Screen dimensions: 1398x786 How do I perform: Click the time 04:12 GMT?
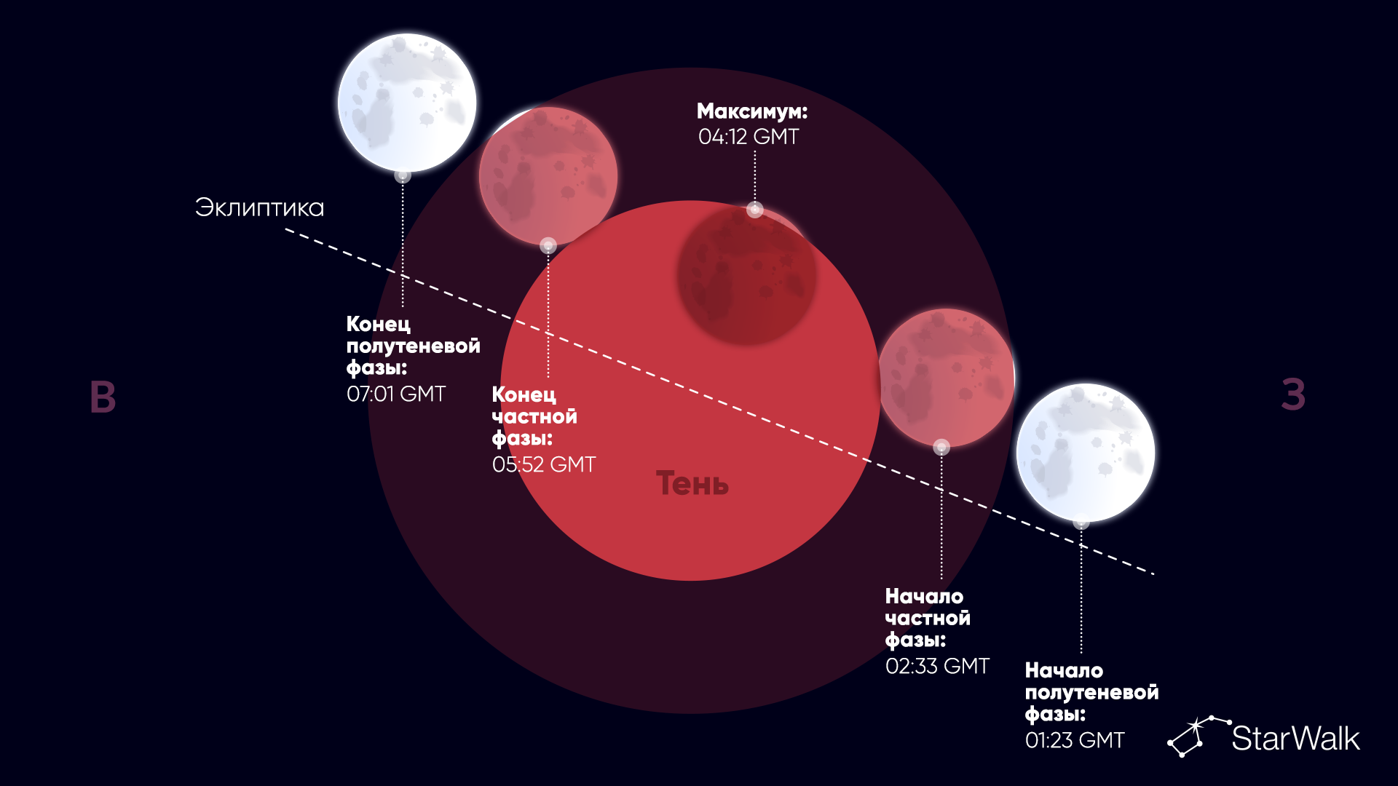[749, 137]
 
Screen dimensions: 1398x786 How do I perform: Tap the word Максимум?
[750, 111]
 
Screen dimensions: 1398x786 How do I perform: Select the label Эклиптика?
[259, 207]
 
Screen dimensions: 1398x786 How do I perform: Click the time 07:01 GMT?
[396, 394]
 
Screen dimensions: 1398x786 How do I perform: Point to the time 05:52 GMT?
[544, 464]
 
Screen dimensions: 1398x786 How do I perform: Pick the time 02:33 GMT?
[937, 666]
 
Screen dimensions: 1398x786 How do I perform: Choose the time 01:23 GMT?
[1075, 740]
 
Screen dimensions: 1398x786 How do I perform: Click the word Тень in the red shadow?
[692, 483]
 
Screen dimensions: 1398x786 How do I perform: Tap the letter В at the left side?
[103, 397]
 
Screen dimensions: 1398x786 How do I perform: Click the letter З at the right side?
[1293, 394]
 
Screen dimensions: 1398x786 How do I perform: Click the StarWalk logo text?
[1295, 738]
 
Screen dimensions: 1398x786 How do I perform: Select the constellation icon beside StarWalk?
[1198, 736]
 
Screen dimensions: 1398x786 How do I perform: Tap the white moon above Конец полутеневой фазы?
[407, 103]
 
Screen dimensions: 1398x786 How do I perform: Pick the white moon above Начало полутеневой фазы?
[1086, 453]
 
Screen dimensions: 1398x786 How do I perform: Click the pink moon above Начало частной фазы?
[946, 378]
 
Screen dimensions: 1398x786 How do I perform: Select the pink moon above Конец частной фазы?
[548, 176]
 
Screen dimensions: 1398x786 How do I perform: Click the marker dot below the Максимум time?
[755, 210]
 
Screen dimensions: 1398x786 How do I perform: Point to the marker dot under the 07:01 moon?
[403, 175]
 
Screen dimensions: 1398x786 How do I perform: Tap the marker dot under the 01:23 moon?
[1081, 522]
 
